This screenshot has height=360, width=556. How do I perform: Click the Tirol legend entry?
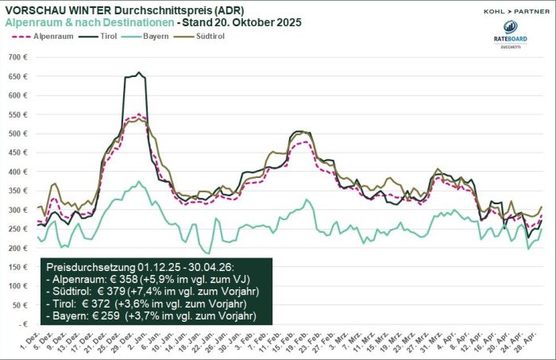(119, 36)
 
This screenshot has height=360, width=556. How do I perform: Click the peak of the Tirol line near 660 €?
(140, 73)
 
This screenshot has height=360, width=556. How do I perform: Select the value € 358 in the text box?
(123, 280)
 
